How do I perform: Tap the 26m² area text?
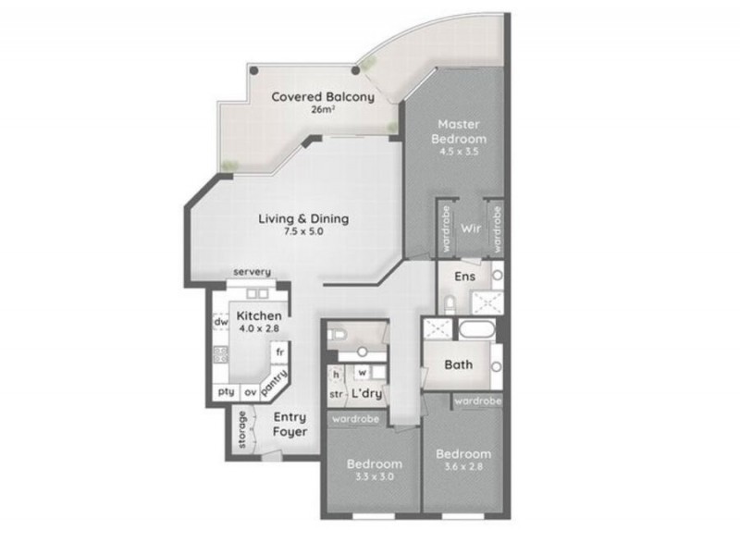(x=322, y=110)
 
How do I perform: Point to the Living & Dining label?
(x=302, y=219)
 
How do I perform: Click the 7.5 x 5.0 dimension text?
(x=302, y=232)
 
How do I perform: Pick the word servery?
(x=252, y=272)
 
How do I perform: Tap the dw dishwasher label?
(x=221, y=322)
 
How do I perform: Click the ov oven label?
(x=251, y=392)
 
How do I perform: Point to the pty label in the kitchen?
(x=226, y=392)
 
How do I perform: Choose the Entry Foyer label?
(x=290, y=425)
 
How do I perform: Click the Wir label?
(x=470, y=227)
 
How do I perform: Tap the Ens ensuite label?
(x=464, y=276)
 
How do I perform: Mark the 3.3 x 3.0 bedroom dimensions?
(x=375, y=477)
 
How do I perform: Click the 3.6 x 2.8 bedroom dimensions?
(x=462, y=467)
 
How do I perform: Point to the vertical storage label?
(x=243, y=430)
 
